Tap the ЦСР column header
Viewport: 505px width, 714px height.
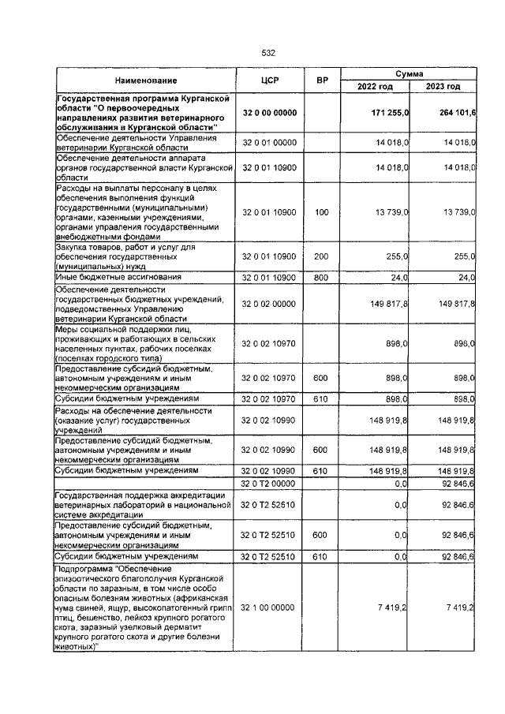tap(271, 80)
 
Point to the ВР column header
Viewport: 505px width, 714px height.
tap(321, 80)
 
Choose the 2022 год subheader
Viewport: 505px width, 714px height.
tap(375, 87)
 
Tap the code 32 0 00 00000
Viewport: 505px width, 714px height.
tap(270, 113)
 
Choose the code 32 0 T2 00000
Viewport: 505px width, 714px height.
tap(270, 482)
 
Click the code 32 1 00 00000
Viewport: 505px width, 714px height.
tap(270, 607)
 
